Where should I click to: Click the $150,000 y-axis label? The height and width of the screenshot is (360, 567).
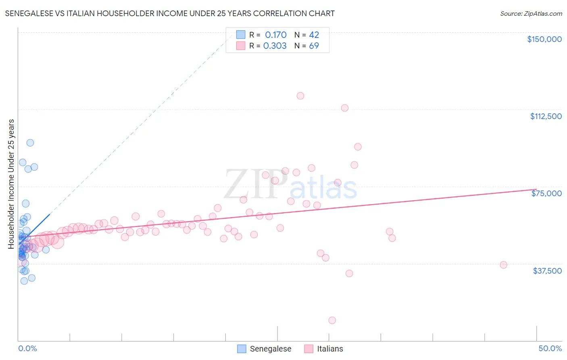tap(544, 39)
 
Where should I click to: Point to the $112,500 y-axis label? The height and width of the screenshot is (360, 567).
tap(546, 116)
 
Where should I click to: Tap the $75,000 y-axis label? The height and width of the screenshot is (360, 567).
tap(546, 193)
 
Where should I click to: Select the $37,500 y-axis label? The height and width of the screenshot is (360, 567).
tap(547, 271)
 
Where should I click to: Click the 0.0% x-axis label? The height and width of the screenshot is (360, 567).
tap(27, 348)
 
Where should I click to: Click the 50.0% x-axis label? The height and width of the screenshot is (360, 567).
tap(550, 348)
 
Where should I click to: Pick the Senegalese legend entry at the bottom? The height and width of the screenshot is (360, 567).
tap(264, 349)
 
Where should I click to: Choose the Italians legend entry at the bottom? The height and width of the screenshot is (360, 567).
tap(323, 349)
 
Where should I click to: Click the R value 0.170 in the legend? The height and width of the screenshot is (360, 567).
tap(276, 35)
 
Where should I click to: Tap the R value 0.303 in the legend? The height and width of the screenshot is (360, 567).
tap(275, 46)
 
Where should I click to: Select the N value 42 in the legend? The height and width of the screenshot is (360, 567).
tap(314, 35)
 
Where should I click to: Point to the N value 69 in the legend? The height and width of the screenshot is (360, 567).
tap(314, 46)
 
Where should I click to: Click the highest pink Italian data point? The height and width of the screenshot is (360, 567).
tap(300, 96)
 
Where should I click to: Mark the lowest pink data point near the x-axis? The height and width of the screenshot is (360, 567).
tap(332, 320)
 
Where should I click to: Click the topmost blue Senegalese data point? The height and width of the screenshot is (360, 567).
tap(30, 143)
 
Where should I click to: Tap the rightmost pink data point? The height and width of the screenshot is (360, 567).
tap(503, 265)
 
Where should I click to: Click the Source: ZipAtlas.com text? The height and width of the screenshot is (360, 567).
tap(531, 14)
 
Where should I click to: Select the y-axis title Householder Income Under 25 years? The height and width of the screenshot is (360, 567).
tap(11, 184)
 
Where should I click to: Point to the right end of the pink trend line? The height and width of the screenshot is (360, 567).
tap(536, 189)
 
